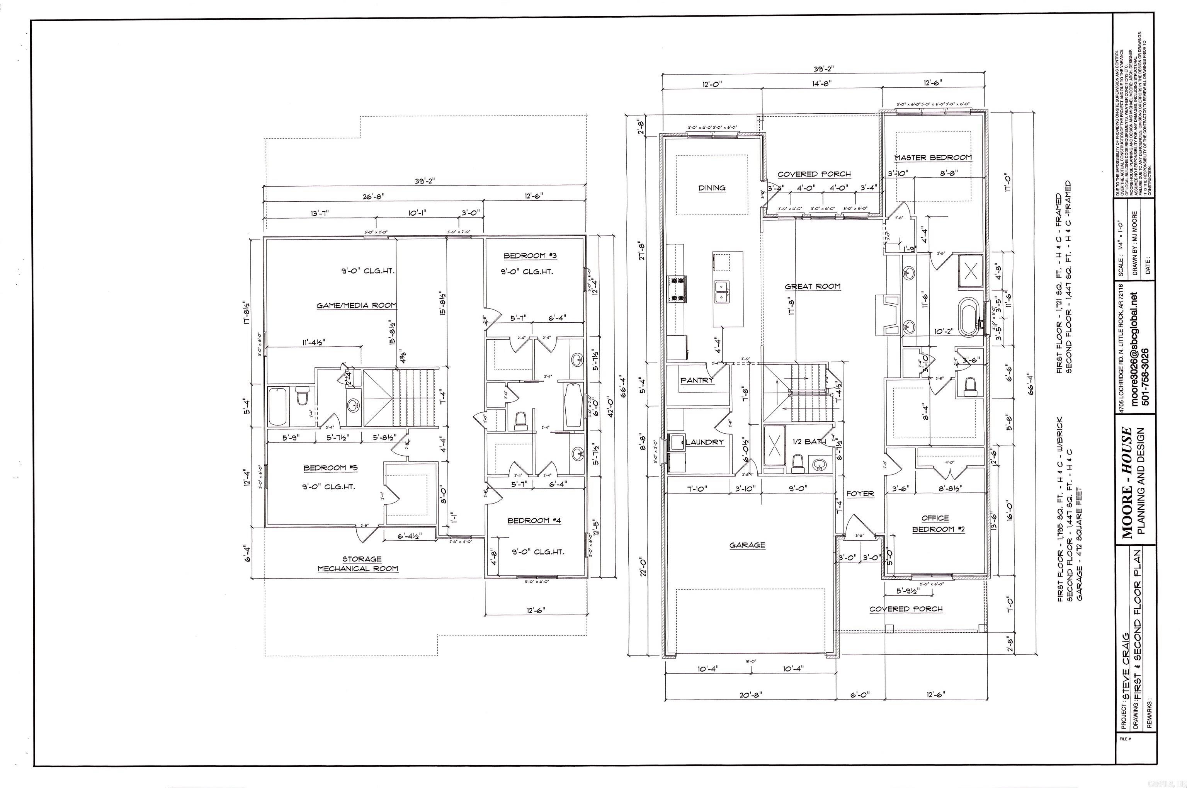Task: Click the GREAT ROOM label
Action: point(812,286)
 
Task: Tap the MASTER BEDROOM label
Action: point(933,158)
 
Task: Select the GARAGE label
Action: point(747,545)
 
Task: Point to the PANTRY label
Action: point(697,380)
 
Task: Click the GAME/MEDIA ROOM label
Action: point(356,305)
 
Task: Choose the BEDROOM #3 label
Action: point(531,256)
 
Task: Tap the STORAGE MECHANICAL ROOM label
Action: point(358,564)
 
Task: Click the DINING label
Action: point(712,188)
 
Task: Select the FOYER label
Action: point(860,494)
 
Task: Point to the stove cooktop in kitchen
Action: point(676,289)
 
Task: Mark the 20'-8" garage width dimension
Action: point(750,696)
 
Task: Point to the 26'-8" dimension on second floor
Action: point(372,197)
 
